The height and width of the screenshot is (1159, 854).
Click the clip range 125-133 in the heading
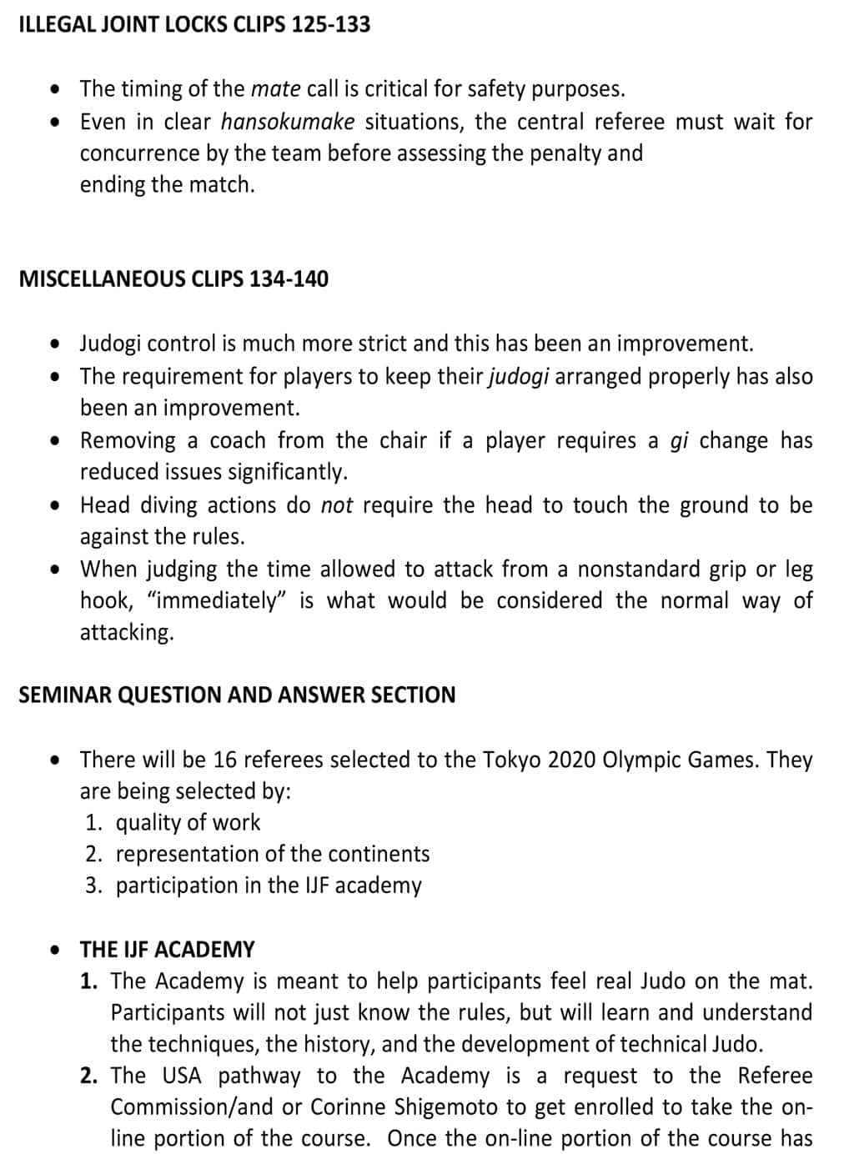[x=330, y=24]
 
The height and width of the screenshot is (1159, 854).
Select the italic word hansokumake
[x=288, y=122]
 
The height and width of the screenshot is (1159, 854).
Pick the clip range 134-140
[x=289, y=278]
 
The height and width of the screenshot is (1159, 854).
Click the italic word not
[x=337, y=505]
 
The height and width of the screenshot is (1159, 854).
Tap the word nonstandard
[x=639, y=569]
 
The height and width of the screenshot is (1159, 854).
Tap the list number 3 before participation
[x=93, y=886]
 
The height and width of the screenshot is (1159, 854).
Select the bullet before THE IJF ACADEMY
[x=55, y=950]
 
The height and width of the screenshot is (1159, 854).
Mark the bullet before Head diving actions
[x=55, y=505]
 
